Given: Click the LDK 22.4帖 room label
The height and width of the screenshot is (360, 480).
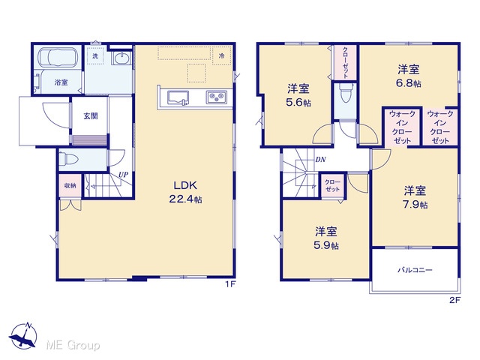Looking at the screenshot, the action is click(185, 192).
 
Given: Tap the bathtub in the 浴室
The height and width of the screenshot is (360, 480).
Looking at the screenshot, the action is click(58, 57).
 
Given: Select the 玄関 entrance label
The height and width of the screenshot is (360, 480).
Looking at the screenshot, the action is click(91, 116).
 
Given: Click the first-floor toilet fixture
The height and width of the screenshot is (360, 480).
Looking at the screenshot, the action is click(68, 159).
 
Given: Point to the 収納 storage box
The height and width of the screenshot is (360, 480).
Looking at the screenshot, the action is click(70, 185).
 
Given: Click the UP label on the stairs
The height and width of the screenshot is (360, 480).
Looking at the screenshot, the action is click(123, 175).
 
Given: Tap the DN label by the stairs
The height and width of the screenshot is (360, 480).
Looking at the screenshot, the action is click(320, 160).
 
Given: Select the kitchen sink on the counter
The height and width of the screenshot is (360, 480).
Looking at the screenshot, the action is click(178, 98).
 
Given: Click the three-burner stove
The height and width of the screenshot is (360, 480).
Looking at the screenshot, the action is click(217, 97).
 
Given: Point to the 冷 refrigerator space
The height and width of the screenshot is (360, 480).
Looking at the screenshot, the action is click(222, 55).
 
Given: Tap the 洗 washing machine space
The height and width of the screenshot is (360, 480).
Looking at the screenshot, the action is click(95, 56).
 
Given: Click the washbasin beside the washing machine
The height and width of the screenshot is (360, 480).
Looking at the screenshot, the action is click(121, 58).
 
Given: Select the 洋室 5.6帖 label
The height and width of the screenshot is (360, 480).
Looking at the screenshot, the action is click(298, 95).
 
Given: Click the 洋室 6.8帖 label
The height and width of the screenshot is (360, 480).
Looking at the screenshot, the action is click(409, 76).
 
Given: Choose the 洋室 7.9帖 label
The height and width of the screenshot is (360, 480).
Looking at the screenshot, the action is click(415, 197).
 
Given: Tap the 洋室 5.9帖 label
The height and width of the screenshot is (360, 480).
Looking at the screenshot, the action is click(326, 238).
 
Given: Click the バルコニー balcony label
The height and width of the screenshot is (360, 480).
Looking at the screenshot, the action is click(415, 270).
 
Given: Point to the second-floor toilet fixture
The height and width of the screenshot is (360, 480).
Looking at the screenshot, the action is click(345, 93).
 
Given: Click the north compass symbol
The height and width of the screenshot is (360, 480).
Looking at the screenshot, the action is click(23, 336).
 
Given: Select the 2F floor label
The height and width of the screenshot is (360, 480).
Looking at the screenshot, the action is click(455, 300).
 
